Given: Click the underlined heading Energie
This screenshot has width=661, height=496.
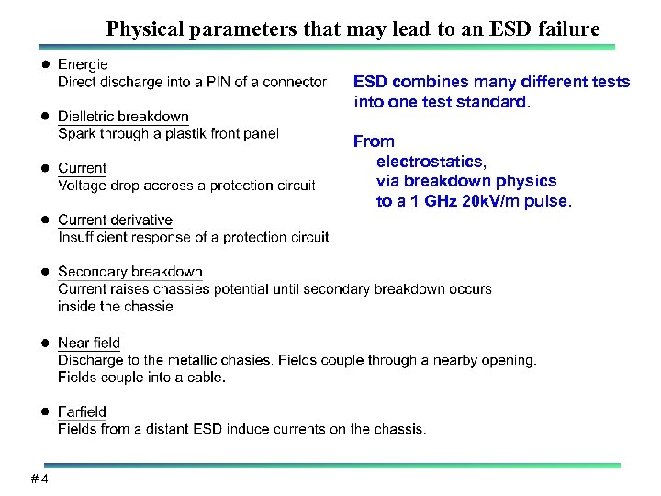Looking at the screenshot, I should (x=83, y=64).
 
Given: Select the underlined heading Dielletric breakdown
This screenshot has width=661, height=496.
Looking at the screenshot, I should (x=123, y=117).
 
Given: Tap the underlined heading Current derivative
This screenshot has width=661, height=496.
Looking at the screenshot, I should (x=115, y=220).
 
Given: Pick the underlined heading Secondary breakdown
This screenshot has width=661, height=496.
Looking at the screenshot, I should (x=129, y=272).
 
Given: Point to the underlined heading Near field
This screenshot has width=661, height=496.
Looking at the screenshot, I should (x=88, y=344).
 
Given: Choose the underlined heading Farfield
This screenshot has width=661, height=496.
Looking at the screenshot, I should (x=82, y=411).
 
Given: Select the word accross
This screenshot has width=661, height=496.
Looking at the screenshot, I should (x=172, y=186).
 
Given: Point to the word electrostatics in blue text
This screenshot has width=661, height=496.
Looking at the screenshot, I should (x=430, y=162).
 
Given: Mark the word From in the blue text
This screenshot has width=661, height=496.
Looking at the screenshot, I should (x=374, y=141).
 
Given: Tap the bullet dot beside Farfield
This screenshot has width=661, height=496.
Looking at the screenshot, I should (x=42, y=411).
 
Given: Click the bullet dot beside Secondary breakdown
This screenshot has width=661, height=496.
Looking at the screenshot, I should (x=42, y=272).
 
